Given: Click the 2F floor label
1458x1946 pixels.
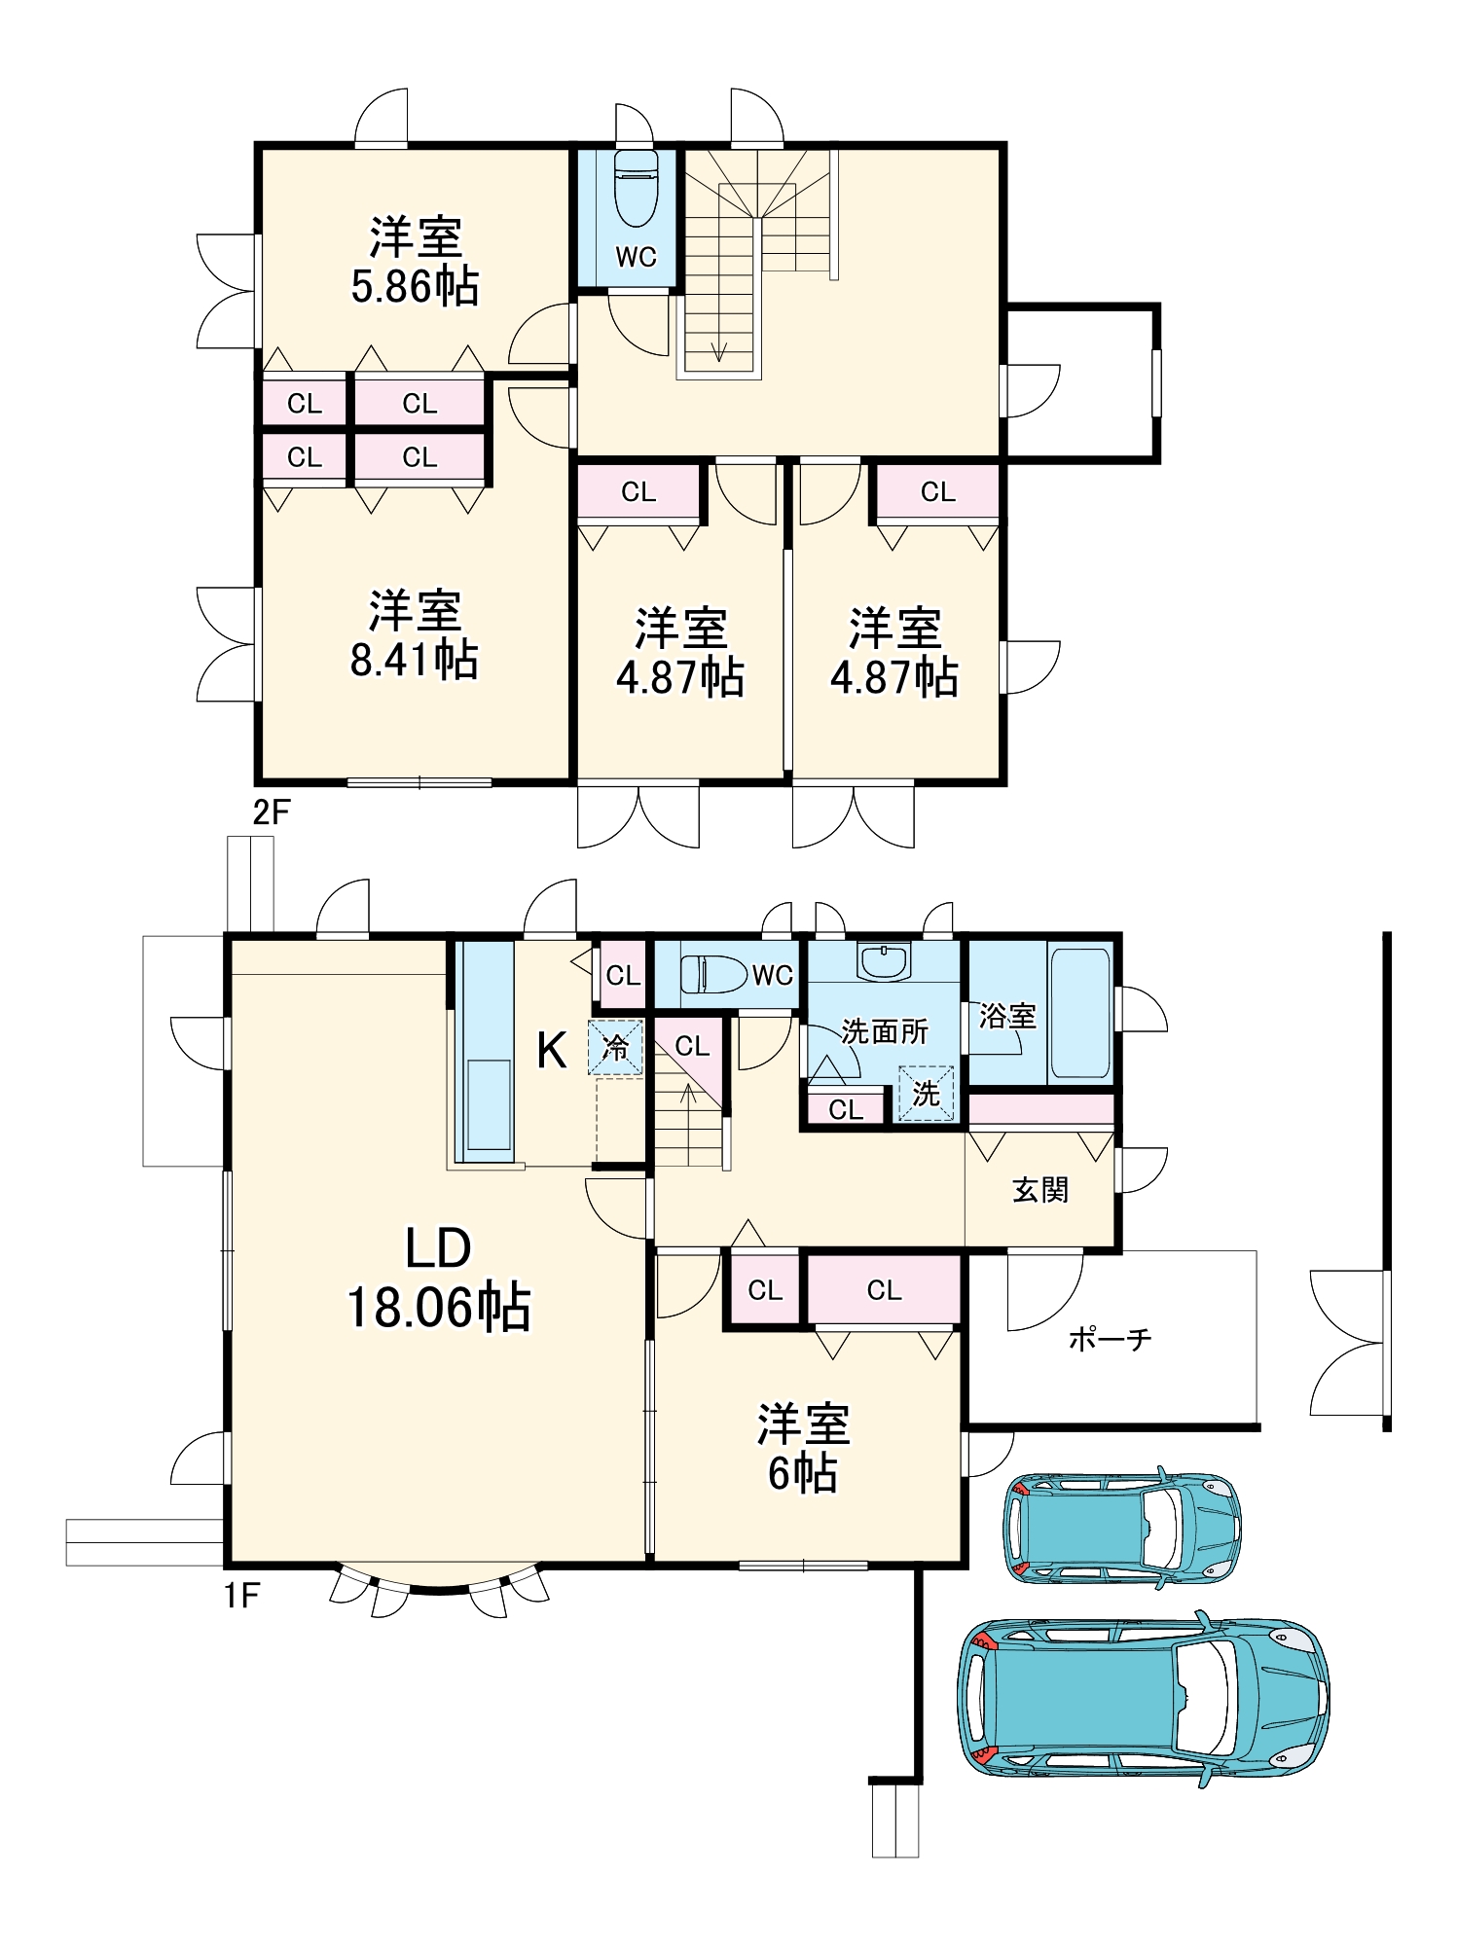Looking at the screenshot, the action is click(x=271, y=811).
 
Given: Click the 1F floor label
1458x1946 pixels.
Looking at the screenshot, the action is click(x=242, y=1596).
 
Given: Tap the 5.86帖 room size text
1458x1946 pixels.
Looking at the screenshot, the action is click(x=415, y=287).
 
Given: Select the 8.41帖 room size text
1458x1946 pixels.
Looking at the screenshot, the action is click(x=415, y=661).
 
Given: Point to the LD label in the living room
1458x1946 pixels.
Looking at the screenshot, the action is click(x=438, y=1248).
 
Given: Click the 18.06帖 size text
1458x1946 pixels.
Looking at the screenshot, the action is click(x=439, y=1307).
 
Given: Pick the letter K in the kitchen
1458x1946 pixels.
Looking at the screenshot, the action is click(x=552, y=1051).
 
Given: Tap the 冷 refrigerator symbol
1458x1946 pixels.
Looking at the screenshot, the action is click(x=615, y=1047).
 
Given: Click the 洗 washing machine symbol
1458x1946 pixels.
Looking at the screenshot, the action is click(x=926, y=1094).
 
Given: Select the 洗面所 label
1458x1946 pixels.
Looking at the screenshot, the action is click(x=884, y=1030).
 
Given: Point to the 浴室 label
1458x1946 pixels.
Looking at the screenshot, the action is click(x=1007, y=1016).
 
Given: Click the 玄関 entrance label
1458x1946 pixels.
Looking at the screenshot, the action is click(x=1040, y=1189).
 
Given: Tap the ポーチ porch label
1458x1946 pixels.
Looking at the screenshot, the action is click(x=1110, y=1340).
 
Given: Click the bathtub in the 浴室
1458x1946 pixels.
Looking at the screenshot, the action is click(x=1080, y=1013).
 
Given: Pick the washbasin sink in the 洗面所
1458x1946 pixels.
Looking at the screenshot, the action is click(x=884, y=960).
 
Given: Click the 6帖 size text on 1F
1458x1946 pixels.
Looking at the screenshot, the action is click(x=803, y=1474).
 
